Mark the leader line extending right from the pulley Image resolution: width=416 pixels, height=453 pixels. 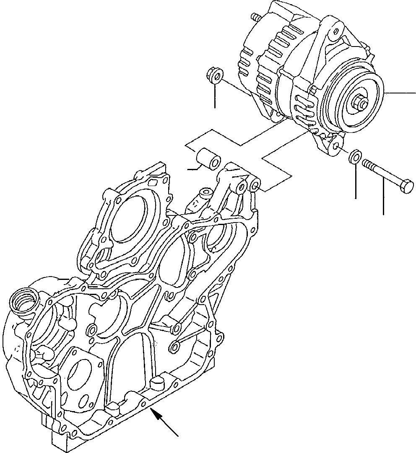[x=400, y=93]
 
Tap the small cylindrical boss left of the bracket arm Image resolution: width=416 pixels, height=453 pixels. [x=206, y=194]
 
